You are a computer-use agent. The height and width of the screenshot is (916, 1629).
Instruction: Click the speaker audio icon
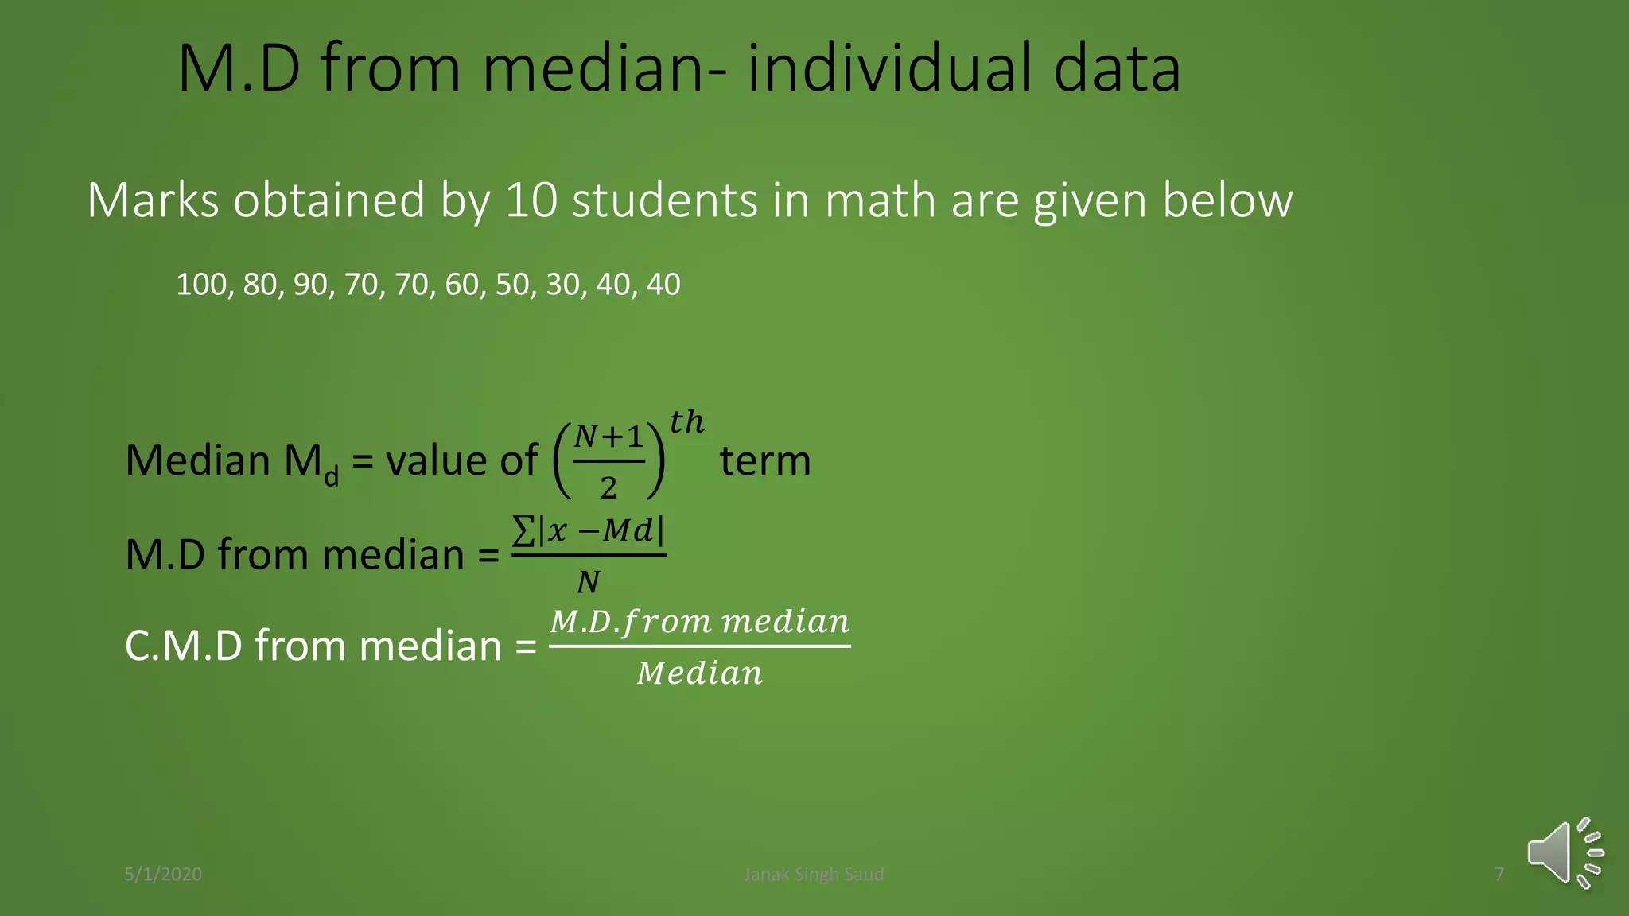tap(1563, 853)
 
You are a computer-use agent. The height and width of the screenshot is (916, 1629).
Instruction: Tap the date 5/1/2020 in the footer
tap(163, 874)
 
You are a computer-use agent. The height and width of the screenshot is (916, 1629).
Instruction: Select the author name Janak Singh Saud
tap(813, 874)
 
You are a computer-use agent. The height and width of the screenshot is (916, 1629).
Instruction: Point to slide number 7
tap(1499, 874)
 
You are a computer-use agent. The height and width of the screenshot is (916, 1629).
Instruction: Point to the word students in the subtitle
tap(664, 200)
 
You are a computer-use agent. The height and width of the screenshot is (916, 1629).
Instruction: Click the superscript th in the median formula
tap(686, 422)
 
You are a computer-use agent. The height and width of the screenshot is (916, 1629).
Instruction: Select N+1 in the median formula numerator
tap(608, 437)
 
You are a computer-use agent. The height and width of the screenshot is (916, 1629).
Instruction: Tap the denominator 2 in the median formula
tap(608, 487)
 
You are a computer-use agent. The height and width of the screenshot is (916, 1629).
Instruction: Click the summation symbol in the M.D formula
tap(523, 530)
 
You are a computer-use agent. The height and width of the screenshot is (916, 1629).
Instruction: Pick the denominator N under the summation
tap(588, 582)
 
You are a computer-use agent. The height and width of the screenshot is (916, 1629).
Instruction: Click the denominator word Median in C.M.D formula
tap(700, 673)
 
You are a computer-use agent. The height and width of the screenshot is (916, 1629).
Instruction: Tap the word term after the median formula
tap(765, 460)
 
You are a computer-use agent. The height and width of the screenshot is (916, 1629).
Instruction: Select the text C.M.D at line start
tap(184, 645)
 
